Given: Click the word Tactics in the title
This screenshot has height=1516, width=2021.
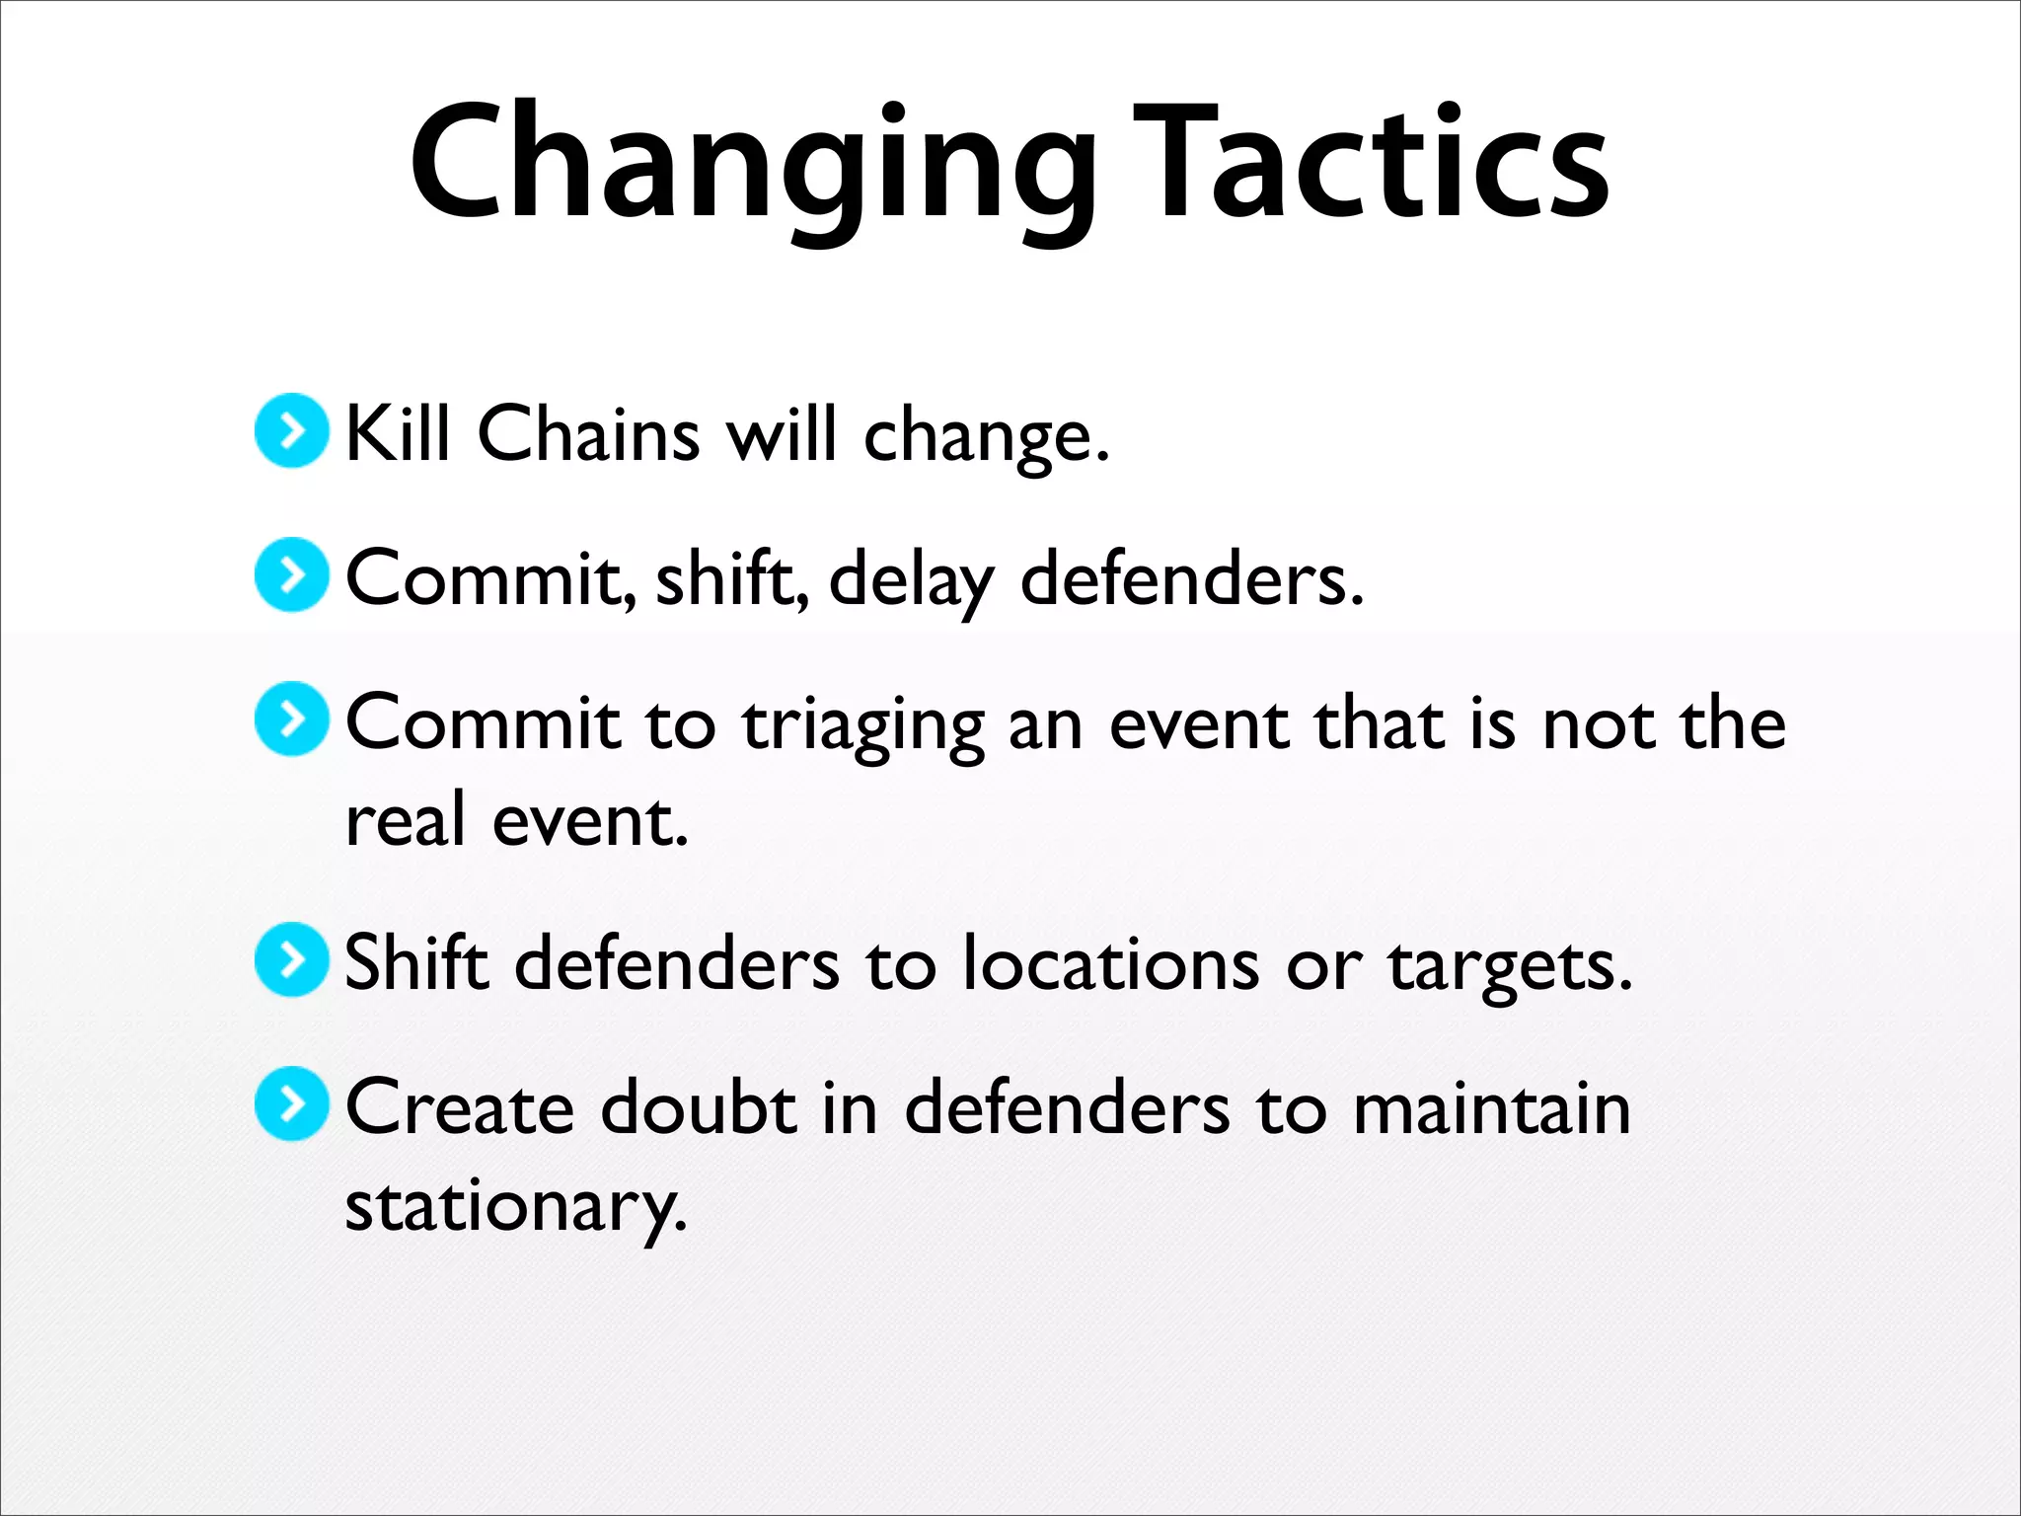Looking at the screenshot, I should click(1371, 163).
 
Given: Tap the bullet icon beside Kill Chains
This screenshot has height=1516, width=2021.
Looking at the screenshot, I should click(291, 430).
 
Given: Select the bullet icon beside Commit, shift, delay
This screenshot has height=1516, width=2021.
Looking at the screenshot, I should click(291, 574).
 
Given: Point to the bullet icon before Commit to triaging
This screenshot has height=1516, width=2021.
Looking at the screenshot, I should click(291, 719).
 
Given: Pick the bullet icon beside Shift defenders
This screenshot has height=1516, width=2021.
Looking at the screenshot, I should click(291, 959).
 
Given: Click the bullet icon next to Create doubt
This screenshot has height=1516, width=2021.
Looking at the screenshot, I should click(291, 1103).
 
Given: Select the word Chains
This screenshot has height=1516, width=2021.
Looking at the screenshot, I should click(588, 434).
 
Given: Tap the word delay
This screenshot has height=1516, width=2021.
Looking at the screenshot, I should click(911, 580).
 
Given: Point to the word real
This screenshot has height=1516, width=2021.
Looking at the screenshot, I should click(406, 821).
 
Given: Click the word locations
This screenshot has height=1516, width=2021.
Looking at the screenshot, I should click(1111, 964).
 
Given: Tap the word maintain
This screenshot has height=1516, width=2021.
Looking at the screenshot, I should click(1491, 1109).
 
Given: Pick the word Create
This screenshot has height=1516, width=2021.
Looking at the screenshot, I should click(460, 1108).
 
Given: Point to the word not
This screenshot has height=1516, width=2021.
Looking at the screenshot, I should click(1600, 725).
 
